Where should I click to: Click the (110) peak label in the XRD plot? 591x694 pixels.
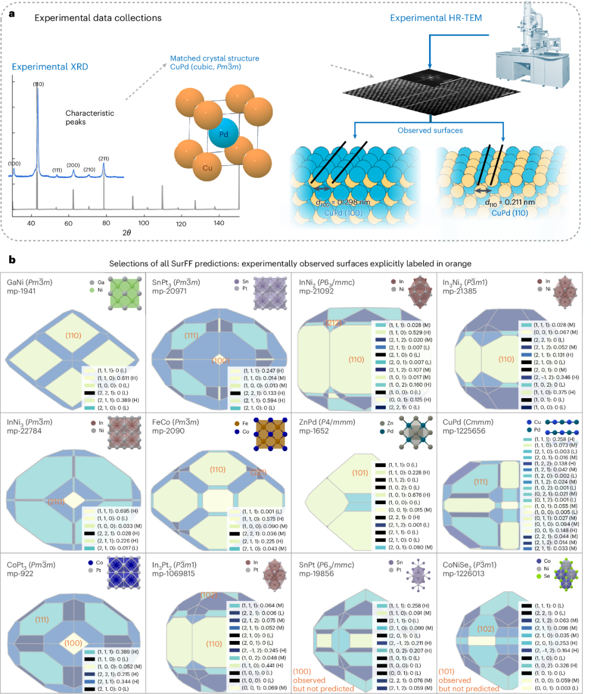click(x=38, y=84)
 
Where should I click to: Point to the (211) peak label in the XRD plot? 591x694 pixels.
click(x=103, y=159)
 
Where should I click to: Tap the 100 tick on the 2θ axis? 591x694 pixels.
click(x=143, y=223)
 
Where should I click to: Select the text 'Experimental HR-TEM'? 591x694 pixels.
click(x=436, y=18)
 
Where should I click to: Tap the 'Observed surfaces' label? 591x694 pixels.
click(x=430, y=130)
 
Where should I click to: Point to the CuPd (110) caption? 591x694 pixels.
click(x=509, y=213)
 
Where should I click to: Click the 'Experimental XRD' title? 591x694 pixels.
click(x=50, y=67)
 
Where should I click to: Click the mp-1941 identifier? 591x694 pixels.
click(x=20, y=291)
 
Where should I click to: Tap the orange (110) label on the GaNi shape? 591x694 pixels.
click(x=73, y=335)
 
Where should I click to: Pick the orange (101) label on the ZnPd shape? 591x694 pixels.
click(x=360, y=473)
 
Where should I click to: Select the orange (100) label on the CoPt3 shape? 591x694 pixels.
click(x=73, y=643)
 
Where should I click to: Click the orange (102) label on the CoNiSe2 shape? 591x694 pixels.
click(x=485, y=629)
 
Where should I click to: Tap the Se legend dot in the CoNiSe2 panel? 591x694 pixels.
click(x=539, y=576)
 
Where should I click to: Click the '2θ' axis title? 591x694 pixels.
click(x=126, y=232)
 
